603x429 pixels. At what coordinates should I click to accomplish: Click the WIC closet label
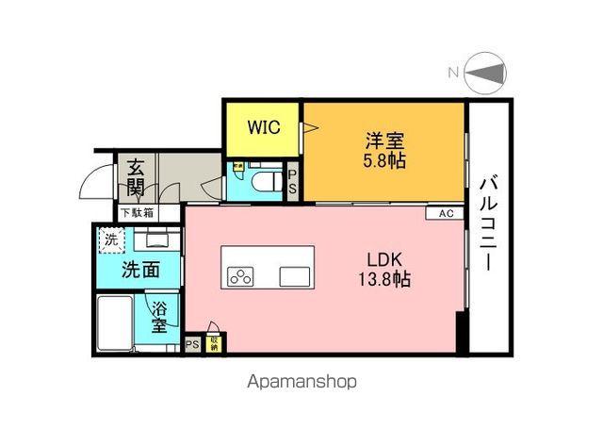pos(263,128)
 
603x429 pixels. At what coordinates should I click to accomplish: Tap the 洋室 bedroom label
pos(385,141)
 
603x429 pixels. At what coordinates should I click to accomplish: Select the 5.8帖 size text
pos(385,161)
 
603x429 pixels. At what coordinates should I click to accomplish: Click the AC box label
pos(446,213)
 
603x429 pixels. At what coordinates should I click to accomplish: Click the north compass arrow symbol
pos(486,73)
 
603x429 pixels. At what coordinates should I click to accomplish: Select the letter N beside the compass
pos(453,73)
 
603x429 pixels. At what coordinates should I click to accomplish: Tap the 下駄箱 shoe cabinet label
pos(136,213)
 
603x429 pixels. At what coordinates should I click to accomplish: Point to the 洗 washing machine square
pos(111,239)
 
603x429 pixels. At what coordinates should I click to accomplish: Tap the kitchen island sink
pos(295,276)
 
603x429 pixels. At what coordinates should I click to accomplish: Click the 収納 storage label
pos(216,344)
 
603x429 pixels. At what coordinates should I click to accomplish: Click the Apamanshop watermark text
pos(301,383)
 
